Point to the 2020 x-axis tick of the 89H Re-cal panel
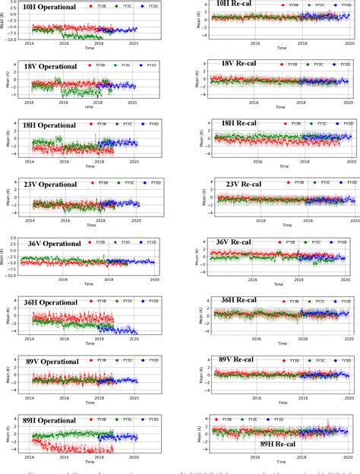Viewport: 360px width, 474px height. tap(348, 456)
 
